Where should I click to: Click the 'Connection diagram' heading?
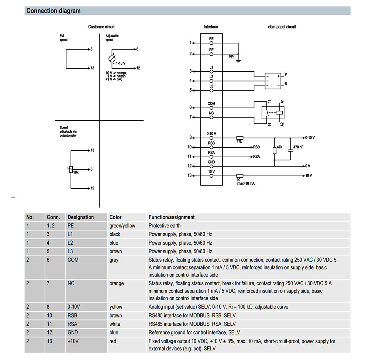pos(54,11)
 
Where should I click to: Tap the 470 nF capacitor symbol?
pos(290,147)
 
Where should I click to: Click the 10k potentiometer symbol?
pos(71,169)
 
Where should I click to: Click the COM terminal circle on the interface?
pos(211,108)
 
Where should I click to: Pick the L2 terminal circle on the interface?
pos(211,80)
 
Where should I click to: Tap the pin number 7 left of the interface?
pos(191,117)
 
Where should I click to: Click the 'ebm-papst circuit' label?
pos(282,27)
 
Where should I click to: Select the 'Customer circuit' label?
pos(101,27)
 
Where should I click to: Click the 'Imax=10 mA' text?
pos(245,184)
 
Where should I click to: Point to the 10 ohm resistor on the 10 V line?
pos(239,175)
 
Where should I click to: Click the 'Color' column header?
pos(115,217)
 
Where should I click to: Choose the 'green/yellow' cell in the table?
pos(122,226)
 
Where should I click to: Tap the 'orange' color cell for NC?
pos(117,284)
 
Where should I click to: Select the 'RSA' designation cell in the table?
pos(72,324)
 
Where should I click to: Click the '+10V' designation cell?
pos(73,341)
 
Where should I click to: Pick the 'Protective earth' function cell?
pos(165,226)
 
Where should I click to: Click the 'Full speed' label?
pos(64,38)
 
